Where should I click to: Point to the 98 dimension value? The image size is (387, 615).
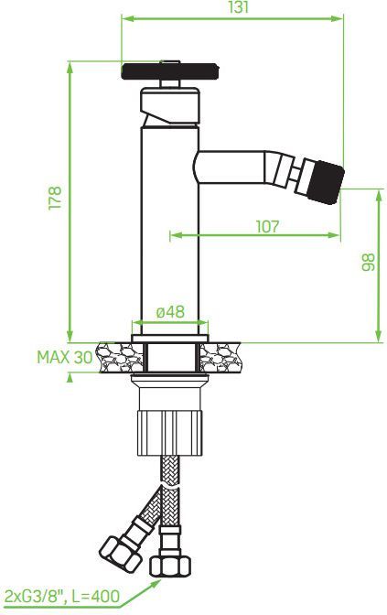(368, 263)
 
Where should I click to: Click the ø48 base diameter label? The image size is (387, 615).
(170, 311)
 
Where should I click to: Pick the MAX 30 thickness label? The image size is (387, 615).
(64, 356)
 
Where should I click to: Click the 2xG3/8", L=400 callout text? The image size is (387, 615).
(62, 597)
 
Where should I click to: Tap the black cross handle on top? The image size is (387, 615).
(169, 70)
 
